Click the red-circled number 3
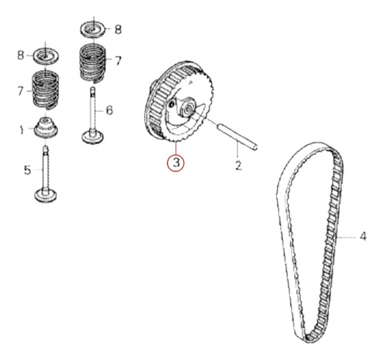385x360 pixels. (176, 163)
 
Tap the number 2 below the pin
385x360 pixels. (239, 165)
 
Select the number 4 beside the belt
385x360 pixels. (363, 236)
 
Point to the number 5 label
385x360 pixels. (27, 170)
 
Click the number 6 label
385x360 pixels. (109, 110)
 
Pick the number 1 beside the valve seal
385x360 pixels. (22, 130)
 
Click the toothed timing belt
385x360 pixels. (310, 241)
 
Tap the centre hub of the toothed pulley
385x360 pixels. (187, 108)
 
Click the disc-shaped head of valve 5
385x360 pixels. (45, 195)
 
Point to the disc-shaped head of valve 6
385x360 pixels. (92, 136)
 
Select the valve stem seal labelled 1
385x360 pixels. (45, 128)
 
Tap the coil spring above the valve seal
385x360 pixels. (45, 90)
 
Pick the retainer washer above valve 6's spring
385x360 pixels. (93, 29)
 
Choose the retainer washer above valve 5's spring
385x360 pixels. (45, 56)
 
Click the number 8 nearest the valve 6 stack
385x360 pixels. (118, 29)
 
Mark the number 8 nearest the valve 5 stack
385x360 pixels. (21, 55)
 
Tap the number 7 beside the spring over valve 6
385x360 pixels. (118, 61)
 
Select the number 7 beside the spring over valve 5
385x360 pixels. (21, 91)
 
